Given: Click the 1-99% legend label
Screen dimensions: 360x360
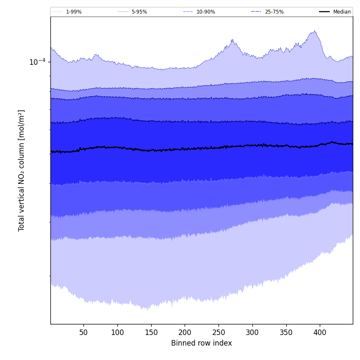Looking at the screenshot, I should [74, 12].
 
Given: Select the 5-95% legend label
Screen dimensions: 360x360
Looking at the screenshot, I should [139, 12].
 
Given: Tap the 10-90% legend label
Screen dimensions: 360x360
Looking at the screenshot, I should [206, 12].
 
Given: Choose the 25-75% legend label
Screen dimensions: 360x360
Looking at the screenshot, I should [274, 12].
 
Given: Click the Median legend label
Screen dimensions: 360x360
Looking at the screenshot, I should [342, 12].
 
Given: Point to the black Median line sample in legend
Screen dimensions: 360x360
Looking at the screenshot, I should [324, 12].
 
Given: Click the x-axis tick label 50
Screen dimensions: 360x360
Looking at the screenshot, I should [83, 332].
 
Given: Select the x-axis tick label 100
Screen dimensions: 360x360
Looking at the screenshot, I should [117, 332].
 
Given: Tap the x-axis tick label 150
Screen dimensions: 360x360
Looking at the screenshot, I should [151, 332].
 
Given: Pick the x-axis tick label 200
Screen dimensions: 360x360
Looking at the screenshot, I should [185, 332].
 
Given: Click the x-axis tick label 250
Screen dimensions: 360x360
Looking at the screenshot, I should [219, 332].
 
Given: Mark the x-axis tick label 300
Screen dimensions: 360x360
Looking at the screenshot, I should [252, 332].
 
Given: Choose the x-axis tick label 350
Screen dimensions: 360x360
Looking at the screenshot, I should [286, 332].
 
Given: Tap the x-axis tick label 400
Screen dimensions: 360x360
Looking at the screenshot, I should [320, 332].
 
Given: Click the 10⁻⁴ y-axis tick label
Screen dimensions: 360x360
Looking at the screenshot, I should [37, 62].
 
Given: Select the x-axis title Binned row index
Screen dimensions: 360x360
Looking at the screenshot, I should [202, 343].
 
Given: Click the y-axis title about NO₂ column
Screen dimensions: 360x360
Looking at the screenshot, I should [22, 170].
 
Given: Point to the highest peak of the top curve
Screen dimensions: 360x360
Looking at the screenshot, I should [314, 31].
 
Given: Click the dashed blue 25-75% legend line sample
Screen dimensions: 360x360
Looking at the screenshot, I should [256, 12].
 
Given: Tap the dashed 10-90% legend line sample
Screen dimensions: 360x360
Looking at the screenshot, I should [188, 12].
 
